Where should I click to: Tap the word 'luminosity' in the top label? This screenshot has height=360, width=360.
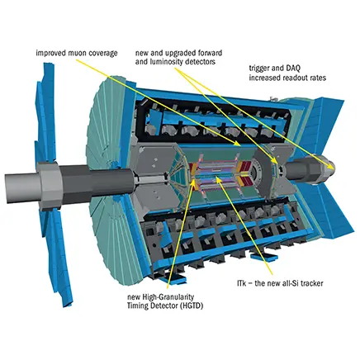[165, 62]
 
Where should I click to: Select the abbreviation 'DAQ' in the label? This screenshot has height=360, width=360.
[287, 68]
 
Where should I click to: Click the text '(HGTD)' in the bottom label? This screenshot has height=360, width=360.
[192, 306]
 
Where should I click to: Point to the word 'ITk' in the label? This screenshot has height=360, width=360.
[242, 283]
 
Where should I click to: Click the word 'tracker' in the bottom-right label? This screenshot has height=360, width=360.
[312, 283]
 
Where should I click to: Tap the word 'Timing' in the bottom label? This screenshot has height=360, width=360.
[136, 306]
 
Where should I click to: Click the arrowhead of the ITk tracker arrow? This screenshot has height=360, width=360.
[218, 179]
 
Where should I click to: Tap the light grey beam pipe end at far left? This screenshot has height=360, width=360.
[23, 187]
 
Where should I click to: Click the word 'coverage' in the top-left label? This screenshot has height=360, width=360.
[102, 54]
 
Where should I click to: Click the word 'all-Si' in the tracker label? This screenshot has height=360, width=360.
[291, 283]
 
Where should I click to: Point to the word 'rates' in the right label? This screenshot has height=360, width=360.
[318, 78]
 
